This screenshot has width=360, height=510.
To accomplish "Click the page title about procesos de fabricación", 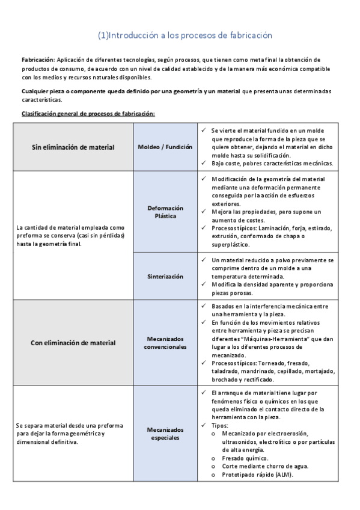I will click(x=185, y=35).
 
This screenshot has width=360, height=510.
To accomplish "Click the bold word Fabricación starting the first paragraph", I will click(x=37, y=60).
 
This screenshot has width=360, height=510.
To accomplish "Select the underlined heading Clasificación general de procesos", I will click(x=88, y=113).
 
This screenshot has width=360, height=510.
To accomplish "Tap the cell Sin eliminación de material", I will click(x=73, y=147).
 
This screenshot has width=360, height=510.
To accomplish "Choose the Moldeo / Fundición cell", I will click(x=165, y=147).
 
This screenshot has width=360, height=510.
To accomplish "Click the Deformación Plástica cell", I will click(x=165, y=212).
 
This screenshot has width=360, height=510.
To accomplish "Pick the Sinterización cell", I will click(x=165, y=276).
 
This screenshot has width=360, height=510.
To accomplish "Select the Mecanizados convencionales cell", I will click(x=165, y=343).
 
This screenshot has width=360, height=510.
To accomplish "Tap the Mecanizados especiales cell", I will click(x=165, y=434).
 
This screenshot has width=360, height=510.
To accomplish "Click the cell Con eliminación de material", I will click(x=73, y=343).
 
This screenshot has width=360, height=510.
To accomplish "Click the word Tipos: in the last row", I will click(x=221, y=425).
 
